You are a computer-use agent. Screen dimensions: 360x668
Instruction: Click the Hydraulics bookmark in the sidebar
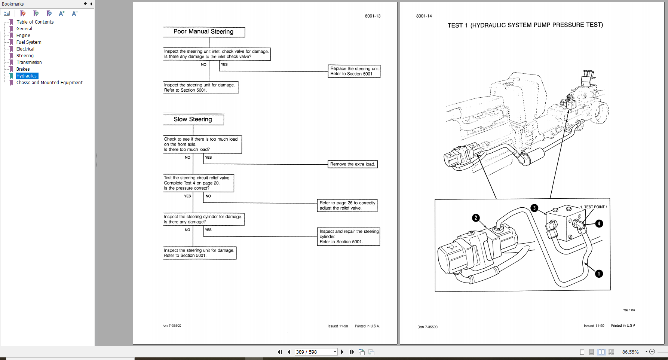point(27,76)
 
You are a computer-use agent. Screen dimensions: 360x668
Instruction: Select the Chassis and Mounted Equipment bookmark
point(49,83)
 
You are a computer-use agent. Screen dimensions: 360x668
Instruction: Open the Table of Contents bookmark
point(35,22)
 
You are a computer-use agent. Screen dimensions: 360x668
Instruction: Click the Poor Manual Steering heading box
point(203,32)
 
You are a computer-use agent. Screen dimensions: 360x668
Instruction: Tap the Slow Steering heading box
point(193,119)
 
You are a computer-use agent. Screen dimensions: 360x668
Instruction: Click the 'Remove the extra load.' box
point(352,164)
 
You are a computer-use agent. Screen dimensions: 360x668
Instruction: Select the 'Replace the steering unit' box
point(354,71)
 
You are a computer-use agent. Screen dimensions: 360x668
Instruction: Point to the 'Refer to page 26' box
point(347,205)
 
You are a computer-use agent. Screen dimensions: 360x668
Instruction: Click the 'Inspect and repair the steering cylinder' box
point(349,237)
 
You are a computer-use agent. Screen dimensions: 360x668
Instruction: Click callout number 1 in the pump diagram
point(599,274)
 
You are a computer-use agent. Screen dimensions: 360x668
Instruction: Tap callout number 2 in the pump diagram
point(476,218)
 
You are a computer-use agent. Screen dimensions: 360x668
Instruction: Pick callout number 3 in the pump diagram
point(534,208)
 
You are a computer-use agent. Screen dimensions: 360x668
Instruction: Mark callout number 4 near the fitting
point(599,223)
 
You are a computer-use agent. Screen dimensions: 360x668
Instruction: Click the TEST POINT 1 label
point(595,207)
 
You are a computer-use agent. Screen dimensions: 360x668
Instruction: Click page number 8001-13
point(373,16)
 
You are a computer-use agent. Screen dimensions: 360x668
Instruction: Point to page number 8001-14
point(424,16)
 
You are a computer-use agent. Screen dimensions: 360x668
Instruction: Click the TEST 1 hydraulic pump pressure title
point(525,25)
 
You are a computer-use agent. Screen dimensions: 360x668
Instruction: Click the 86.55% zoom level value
point(630,352)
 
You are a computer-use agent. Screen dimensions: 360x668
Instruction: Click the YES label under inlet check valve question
point(224,64)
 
